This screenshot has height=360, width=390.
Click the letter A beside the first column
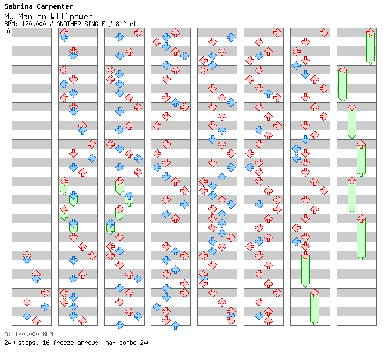pos(9,31)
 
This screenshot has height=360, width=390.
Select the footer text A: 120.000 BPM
pos(28,334)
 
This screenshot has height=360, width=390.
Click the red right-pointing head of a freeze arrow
pos(370,33)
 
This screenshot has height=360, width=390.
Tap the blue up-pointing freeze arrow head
pos(129,196)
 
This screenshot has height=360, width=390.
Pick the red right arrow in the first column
pos(45,293)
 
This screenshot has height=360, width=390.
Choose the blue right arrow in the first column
pos(45,307)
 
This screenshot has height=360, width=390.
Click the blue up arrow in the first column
pos(36,279)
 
